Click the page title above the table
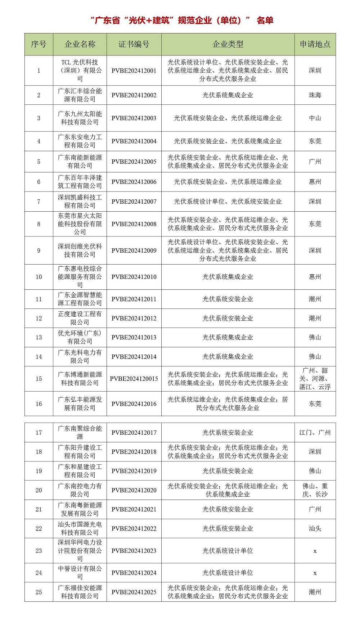182,20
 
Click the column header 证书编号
134,44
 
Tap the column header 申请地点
315,44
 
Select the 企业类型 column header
228,44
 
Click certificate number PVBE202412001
134,71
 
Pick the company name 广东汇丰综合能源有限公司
80,95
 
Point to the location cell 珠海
315,95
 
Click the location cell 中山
315,118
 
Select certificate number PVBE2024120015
134,379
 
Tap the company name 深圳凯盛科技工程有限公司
80,202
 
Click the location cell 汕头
315,528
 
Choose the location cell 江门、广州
315,433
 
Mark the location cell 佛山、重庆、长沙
315,490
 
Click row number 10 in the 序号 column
39,277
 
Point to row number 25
39,592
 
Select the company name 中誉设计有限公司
80,573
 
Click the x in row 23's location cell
315,551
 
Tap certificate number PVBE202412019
134,471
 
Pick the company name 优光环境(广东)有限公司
80,337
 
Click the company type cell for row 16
228,404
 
